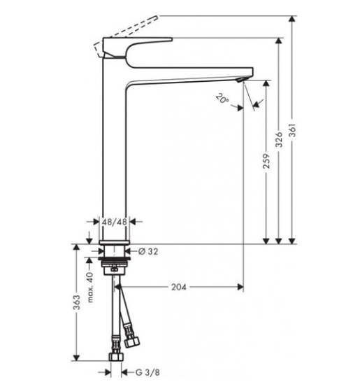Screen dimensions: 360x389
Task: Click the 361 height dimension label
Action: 293,130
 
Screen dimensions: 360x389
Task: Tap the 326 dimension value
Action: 279,139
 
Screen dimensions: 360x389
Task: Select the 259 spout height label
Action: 266,161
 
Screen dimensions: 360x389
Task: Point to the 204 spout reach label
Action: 178,287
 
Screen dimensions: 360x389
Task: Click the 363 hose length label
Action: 77,302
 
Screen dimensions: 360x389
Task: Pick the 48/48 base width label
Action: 115,222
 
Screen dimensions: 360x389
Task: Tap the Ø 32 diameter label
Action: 148,252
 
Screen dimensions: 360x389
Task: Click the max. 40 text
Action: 90,288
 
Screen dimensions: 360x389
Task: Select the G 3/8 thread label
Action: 147,372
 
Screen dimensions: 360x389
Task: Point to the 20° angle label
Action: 222,99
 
